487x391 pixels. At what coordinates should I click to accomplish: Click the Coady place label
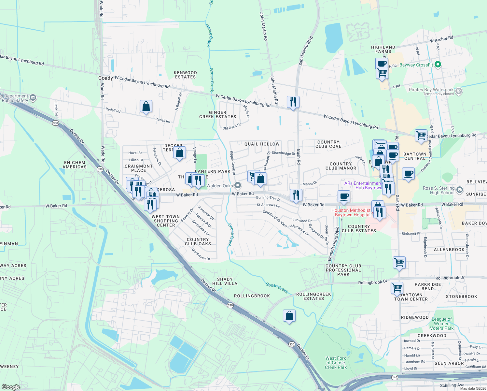(x=105, y=78)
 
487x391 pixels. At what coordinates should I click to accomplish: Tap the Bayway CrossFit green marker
(x=438, y=65)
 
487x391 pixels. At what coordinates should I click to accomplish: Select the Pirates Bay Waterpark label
(x=431, y=90)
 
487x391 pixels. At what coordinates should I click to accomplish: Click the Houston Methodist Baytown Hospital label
(x=351, y=212)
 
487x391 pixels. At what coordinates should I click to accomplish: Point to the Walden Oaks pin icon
(x=238, y=185)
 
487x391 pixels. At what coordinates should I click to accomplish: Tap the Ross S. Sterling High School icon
(x=459, y=190)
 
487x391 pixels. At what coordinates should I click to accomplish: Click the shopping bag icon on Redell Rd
(x=146, y=107)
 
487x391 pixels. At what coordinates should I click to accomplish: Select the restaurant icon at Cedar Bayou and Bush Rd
(x=293, y=102)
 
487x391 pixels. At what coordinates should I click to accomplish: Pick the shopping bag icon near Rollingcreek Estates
(x=289, y=316)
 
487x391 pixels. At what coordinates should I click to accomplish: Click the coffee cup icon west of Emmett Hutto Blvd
(x=344, y=196)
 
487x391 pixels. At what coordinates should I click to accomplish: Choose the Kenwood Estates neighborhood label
(x=185, y=75)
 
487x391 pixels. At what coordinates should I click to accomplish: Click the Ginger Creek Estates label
(x=218, y=115)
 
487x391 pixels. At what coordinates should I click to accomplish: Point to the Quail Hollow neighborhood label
(x=262, y=144)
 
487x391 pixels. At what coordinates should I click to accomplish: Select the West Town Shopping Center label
(x=166, y=221)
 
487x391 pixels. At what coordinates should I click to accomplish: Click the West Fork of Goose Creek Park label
(x=336, y=363)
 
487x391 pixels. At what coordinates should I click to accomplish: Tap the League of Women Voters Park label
(x=442, y=324)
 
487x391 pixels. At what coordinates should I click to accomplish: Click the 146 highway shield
(x=395, y=377)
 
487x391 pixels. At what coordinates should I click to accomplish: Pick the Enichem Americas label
(x=75, y=165)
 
